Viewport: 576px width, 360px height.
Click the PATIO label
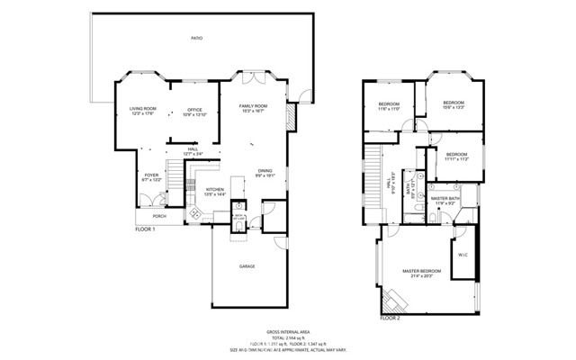[196, 39]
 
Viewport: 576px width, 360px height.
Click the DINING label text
[265, 170]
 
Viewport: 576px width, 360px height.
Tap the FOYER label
[151, 177]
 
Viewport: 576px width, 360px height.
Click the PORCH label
[159, 216]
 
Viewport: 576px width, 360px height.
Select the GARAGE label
[247, 267]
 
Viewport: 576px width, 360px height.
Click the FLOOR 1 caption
[146, 229]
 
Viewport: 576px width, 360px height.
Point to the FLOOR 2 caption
[390, 318]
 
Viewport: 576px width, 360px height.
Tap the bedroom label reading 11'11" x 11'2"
[457, 156]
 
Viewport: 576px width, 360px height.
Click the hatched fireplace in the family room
[290, 117]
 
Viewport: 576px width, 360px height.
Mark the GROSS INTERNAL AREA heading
[292, 331]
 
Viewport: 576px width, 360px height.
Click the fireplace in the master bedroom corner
[393, 300]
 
